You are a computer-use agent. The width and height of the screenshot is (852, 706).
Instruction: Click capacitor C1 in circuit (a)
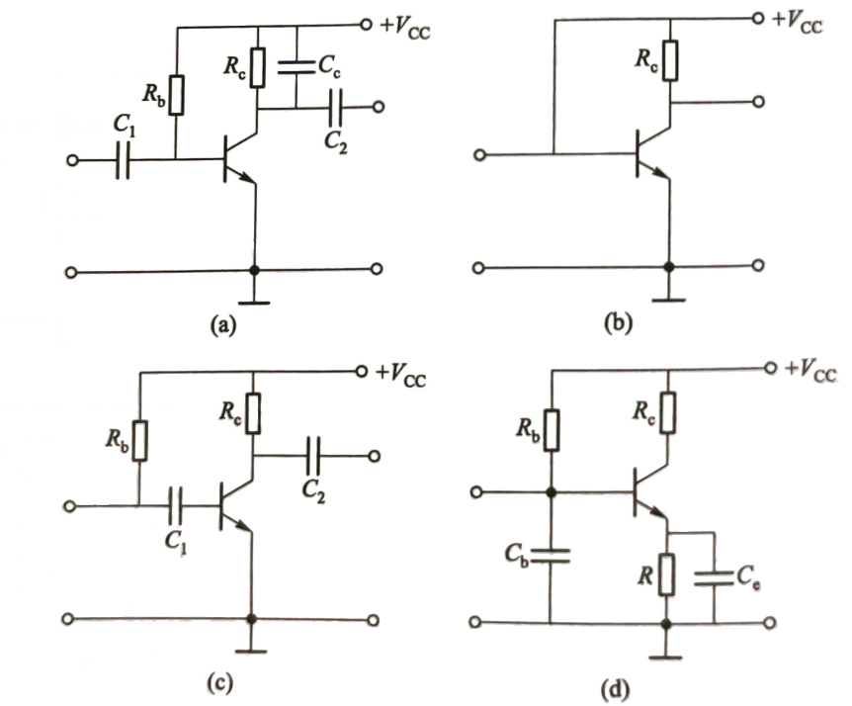coord(124,160)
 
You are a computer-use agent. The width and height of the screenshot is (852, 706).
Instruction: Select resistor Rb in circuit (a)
coord(176,95)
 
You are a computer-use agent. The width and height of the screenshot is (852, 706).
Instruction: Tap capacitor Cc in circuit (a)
coord(297,67)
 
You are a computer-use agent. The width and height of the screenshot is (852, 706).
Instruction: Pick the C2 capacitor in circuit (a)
coord(336,107)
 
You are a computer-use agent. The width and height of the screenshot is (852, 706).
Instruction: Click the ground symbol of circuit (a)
coord(254,303)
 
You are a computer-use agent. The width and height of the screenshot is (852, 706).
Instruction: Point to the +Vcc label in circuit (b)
coord(797,23)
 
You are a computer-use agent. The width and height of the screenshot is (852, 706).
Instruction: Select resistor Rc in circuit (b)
coord(670,60)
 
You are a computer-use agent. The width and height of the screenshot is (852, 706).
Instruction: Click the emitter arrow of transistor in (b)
coord(660,172)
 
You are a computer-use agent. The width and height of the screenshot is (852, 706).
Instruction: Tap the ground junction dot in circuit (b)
coord(669,267)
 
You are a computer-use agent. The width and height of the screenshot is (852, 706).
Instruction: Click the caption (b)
coord(618,323)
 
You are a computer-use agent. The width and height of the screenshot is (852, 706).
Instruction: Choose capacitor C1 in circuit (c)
coord(176,506)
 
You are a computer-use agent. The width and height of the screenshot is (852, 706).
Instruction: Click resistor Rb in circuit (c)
coord(139,441)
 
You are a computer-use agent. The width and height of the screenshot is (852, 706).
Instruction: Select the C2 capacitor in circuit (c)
coord(313,456)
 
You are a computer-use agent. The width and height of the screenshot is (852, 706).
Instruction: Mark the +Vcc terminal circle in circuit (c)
coord(362,371)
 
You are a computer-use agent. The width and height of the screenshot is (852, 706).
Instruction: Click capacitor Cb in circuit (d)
coord(551,556)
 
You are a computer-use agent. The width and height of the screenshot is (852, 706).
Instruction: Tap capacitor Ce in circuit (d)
coord(714,578)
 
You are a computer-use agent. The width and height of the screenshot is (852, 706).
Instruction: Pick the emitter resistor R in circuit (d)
coord(666,574)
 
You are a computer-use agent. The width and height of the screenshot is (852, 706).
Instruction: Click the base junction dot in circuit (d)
coord(551,492)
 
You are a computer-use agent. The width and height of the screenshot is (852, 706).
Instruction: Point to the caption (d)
coord(615,690)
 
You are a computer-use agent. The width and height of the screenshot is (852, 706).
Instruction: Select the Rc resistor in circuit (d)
coord(668,412)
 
